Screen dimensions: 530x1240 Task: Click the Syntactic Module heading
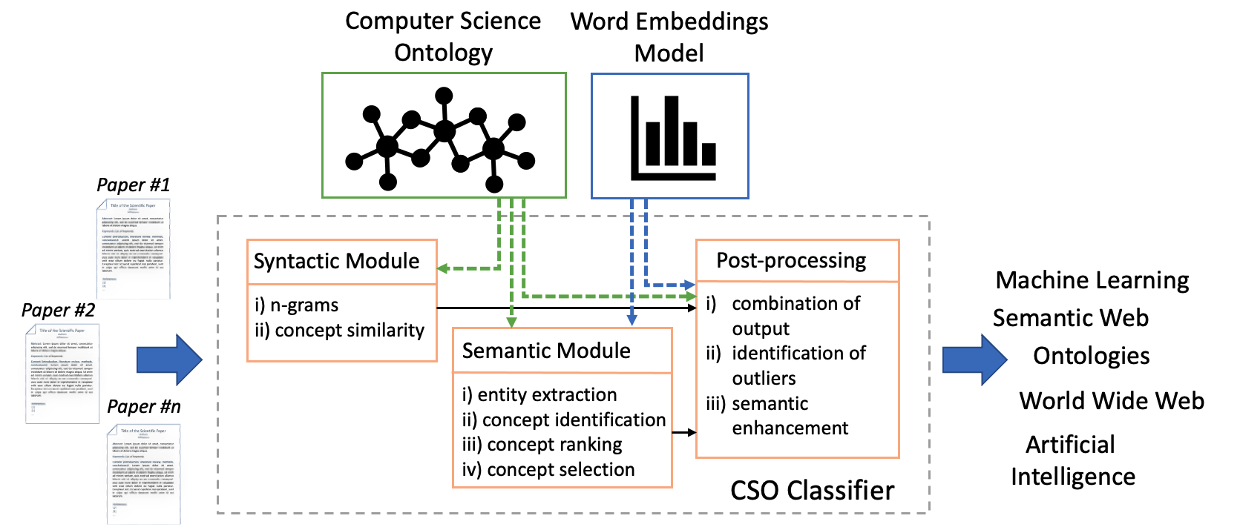pos(336,262)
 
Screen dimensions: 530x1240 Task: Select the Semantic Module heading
pos(546,351)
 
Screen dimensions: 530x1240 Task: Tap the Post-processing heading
pos(791,261)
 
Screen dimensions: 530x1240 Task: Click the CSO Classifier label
pos(812,491)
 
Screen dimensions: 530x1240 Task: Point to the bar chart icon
pos(672,138)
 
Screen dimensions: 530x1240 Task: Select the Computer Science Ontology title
pos(443,36)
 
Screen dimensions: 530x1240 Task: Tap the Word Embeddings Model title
pos(669,37)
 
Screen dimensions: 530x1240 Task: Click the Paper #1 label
pos(134,185)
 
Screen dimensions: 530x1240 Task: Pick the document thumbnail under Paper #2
pos(62,373)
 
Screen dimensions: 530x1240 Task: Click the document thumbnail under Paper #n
pos(144,473)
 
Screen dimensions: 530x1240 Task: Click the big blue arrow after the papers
pos(169,360)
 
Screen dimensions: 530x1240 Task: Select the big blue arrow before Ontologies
pos(974,360)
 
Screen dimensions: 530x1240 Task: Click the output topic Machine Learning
pos(1092,280)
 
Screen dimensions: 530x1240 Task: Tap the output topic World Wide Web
pos(1111,401)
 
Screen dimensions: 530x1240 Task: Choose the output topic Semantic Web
pos(1070,318)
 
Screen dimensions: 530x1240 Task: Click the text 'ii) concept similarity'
pos(339,331)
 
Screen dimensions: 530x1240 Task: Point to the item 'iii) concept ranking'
pos(542,445)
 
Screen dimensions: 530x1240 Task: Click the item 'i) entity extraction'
pos(539,395)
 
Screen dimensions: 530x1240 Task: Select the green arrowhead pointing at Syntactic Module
pos(443,268)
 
